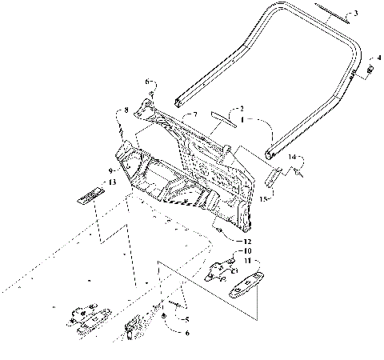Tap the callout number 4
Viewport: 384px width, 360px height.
pyautogui.click(x=378, y=58)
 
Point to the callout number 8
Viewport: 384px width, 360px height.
pyautogui.click(x=125, y=110)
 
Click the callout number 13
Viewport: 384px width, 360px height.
pyautogui.click(x=111, y=183)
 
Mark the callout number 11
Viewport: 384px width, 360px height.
pyautogui.click(x=248, y=262)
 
